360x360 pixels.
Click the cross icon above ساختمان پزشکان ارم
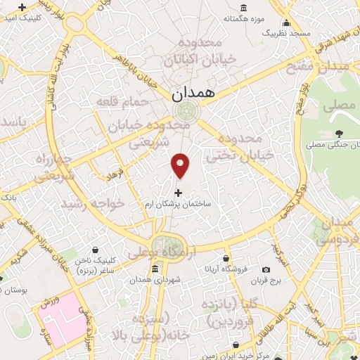click(178, 192)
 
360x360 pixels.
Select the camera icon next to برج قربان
click(266, 270)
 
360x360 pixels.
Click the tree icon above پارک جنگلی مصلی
click(340, 133)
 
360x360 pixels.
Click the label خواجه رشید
click(92, 203)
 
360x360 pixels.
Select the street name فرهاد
click(113, 171)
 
